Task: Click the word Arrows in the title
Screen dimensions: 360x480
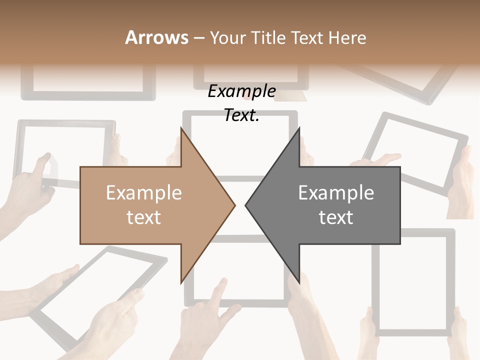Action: (x=157, y=37)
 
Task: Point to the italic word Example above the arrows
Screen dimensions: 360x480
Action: (x=241, y=91)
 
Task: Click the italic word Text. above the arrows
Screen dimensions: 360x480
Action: (x=241, y=115)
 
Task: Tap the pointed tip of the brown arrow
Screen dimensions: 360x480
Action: (x=234, y=205)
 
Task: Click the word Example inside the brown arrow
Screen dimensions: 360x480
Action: (x=143, y=192)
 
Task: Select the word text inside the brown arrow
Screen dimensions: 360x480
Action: (x=143, y=217)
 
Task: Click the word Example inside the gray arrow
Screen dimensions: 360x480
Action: (x=336, y=192)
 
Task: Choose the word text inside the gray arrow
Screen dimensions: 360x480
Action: (x=336, y=217)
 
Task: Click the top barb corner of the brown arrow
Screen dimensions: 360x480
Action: (x=181, y=128)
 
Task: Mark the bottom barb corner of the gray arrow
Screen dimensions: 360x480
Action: (x=299, y=282)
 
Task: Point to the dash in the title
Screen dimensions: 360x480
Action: (x=198, y=38)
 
